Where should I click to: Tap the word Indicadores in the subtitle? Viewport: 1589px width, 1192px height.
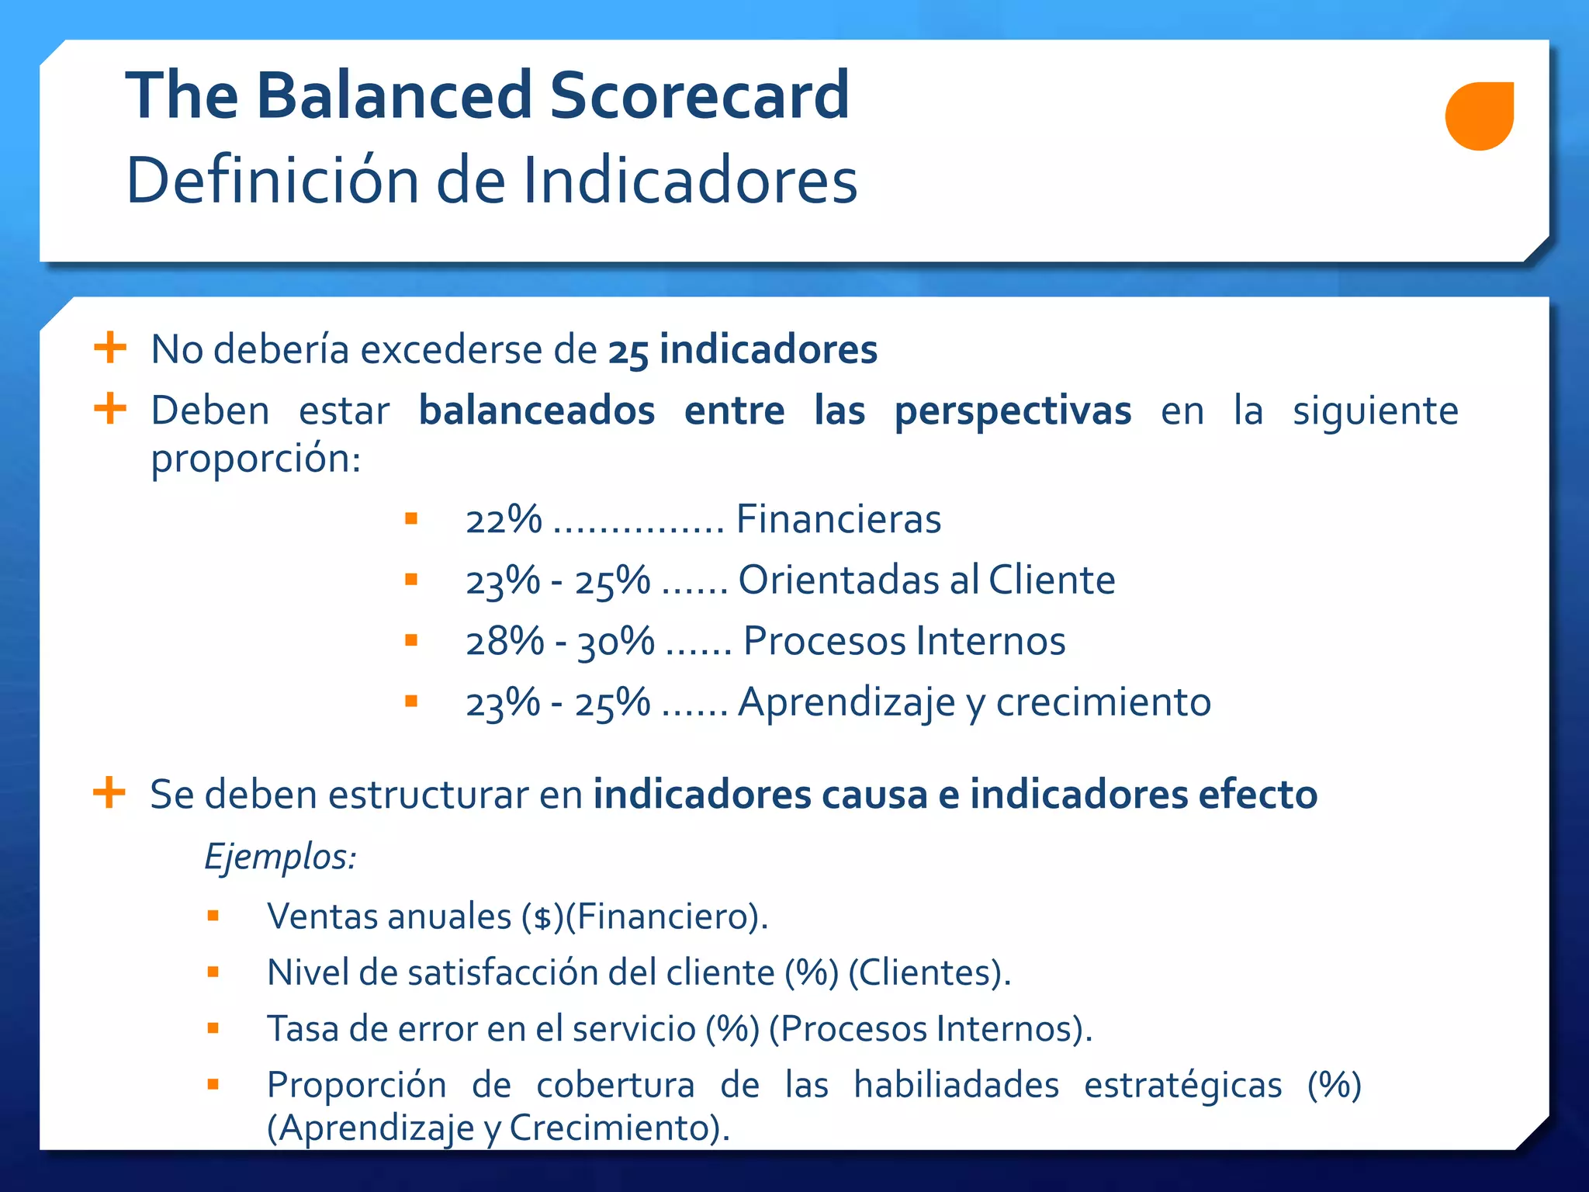pyautogui.click(x=690, y=180)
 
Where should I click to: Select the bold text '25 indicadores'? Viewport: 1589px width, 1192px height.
pyautogui.click(x=743, y=349)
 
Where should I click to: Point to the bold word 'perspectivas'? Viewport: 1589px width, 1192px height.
pyautogui.click(x=1013, y=411)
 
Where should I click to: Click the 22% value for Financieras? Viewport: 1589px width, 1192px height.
pyautogui.click(x=504, y=519)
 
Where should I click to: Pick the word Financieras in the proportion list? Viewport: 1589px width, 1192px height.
pyautogui.click(x=838, y=519)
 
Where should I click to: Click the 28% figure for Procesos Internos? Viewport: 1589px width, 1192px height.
pyautogui.click(x=505, y=641)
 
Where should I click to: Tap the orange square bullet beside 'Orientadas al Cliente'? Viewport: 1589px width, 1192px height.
pyautogui.click(x=411, y=579)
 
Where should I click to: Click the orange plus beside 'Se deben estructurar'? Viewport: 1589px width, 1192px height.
pyautogui.click(x=109, y=792)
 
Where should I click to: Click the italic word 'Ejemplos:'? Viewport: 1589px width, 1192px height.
pyautogui.click(x=280, y=858)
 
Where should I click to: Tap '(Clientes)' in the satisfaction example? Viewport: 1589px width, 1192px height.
pyautogui.click(x=929, y=972)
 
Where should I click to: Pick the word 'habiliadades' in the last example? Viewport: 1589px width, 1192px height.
pyautogui.click(x=956, y=1085)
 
